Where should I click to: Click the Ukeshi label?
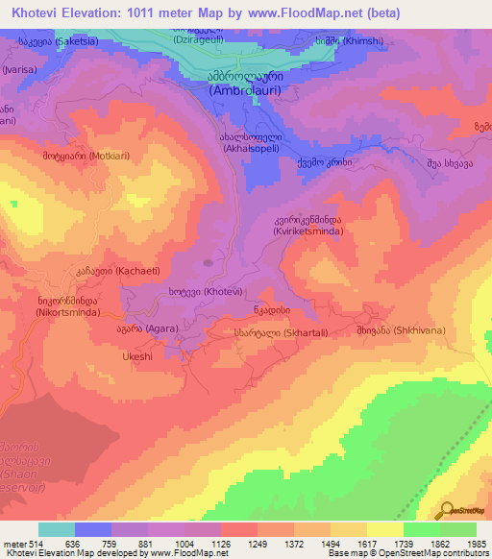tap(137, 356)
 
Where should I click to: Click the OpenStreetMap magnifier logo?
tap(446, 509)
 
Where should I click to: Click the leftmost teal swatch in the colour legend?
tap(57, 529)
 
